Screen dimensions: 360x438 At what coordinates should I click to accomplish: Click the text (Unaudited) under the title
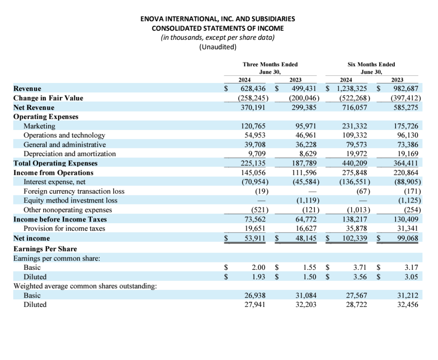tap(218, 47)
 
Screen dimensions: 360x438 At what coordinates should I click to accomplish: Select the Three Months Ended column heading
tap(270, 64)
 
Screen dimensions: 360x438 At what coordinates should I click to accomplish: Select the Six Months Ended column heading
tap(371, 64)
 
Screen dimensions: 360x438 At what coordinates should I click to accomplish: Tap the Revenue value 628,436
tap(254, 89)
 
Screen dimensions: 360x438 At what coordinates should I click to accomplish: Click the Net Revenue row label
tap(34, 107)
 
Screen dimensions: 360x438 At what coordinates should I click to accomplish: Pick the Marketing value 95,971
tap(306, 126)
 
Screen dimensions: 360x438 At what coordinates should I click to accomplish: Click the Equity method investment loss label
tap(70, 201)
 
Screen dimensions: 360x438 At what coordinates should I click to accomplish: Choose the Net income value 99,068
tap(408, 238)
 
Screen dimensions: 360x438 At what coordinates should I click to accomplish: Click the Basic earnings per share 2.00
tap(258, 267)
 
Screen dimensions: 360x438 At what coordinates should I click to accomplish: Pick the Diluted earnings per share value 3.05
tap(411, 277)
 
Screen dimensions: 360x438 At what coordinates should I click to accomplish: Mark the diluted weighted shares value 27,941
tap(255, 305)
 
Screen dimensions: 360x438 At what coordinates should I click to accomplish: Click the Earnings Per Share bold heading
tap(45, 249)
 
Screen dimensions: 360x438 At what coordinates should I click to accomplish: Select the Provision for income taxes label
tap(64, 229)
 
